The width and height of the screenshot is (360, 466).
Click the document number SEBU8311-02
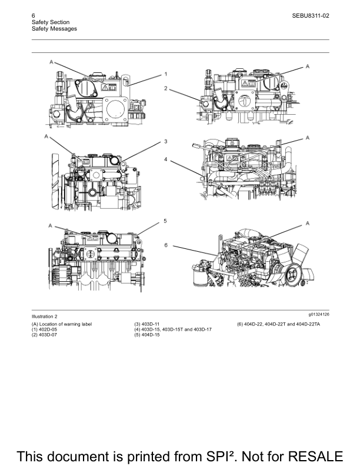311,16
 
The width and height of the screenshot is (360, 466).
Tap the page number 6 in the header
34,16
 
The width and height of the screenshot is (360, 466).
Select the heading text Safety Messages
54,29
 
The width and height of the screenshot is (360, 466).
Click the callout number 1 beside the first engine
166,74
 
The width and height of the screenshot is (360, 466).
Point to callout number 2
166,88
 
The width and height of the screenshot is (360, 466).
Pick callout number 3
166,141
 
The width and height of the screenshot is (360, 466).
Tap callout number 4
166,159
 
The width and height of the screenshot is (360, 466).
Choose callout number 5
165,221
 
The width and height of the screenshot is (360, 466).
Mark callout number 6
166,245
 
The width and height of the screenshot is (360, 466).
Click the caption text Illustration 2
45,317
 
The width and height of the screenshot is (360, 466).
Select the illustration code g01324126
319,314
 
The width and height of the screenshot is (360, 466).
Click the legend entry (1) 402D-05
45,329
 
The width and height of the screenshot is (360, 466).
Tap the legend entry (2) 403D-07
45,335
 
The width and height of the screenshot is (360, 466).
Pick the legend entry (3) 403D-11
146,324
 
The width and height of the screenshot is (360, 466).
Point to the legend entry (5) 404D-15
146,335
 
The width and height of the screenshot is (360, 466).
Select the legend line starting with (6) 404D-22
279,324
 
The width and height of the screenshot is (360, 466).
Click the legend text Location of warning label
66,324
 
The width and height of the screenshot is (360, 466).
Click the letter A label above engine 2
308,66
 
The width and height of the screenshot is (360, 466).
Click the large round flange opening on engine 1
115,108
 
